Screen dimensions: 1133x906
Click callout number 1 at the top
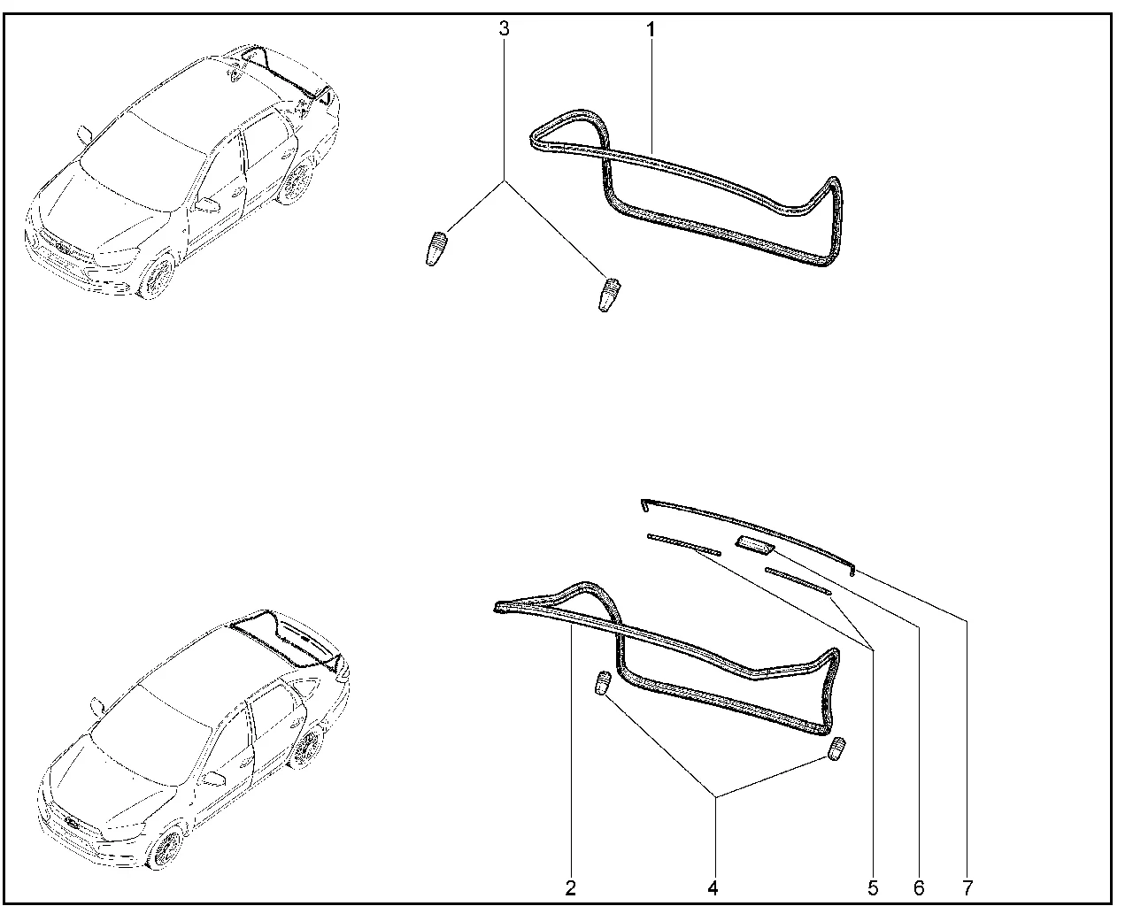point(651,29)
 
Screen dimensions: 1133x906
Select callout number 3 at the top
point(504,28)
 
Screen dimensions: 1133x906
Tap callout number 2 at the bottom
point(571,888)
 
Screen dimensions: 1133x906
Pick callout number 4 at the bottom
point(713,888)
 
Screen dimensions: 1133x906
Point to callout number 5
point(873,888)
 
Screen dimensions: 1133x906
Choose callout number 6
point(919,888)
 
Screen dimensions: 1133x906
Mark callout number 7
point(967,888)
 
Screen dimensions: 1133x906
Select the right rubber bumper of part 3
point(609,295)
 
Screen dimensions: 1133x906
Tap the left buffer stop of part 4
point(602,683)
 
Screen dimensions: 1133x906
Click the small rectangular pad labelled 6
point(755,546)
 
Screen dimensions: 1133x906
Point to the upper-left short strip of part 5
point(684,544)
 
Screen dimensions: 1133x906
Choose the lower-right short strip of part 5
point(798,580)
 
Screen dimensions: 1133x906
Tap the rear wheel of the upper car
point(298,181)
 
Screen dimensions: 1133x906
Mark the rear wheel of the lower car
point(308,748)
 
